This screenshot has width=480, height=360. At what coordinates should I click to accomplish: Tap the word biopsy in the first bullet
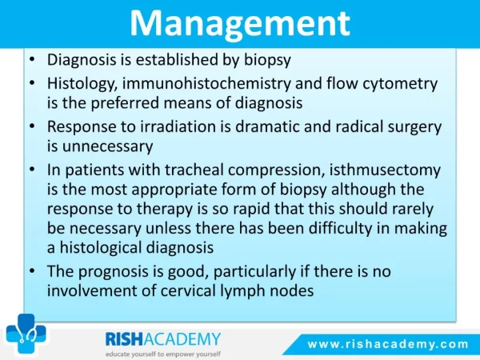tap(267, 60)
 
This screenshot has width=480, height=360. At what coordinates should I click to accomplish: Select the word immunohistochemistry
tap(206, 84)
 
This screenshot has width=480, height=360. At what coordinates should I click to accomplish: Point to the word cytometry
tap(400, 84)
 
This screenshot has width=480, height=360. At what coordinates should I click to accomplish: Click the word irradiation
tap(178, 126)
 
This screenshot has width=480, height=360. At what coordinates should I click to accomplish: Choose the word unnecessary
tap(107, 146)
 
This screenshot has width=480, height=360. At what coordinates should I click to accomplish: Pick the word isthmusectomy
tap(385, 170)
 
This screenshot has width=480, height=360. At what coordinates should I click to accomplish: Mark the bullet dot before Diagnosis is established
tap(32, 59)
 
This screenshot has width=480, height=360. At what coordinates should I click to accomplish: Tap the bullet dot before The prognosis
tap(32, 271)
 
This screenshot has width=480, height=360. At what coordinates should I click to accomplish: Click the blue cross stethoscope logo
tap(26, 334)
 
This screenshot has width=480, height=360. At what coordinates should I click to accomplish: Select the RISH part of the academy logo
tap(124, 339)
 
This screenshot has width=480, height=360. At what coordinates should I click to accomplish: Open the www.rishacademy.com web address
tap(388, 344)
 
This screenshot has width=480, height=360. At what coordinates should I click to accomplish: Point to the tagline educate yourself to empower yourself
tap(163, 354)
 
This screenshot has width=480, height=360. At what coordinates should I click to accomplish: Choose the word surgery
tap(414, 127)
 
